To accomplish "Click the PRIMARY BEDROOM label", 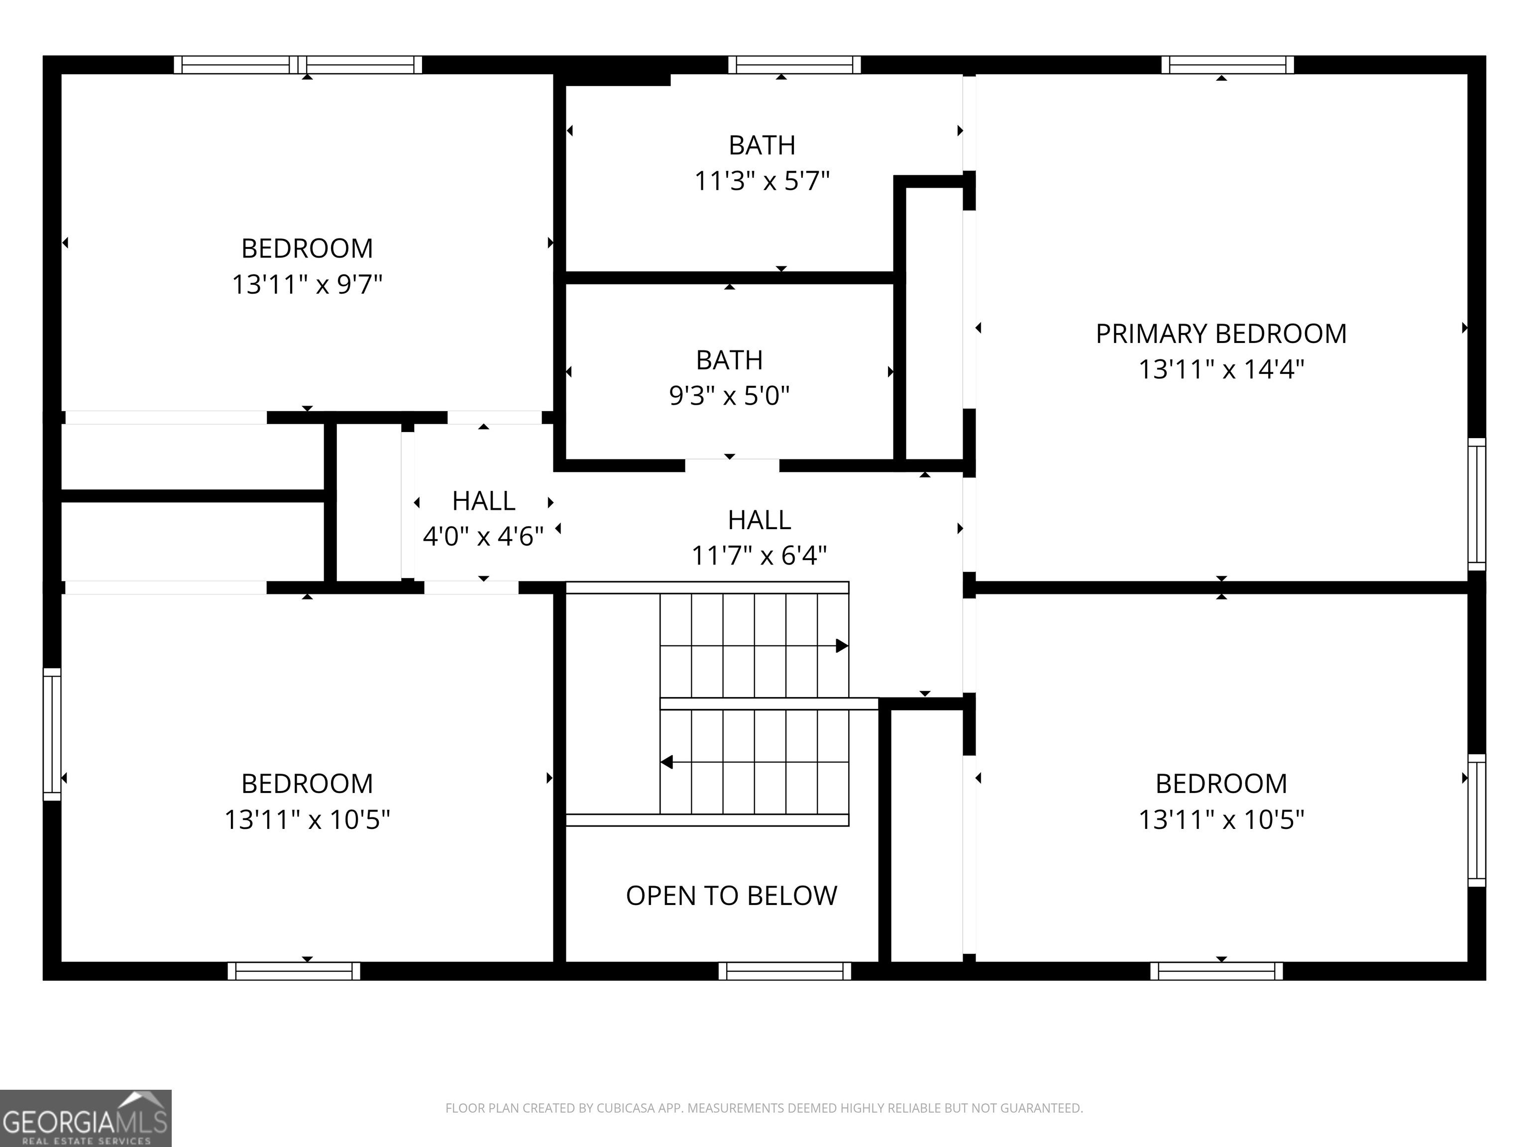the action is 1221,334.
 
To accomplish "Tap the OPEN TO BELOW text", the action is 731,896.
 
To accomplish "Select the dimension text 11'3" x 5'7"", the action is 762,181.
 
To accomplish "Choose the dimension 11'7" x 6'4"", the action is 759,555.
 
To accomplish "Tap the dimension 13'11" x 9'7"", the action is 307,284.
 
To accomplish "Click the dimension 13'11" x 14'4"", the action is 1221,369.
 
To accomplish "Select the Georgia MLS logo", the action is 86,1118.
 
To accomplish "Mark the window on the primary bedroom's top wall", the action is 1227,65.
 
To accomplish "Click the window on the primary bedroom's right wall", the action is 1476,504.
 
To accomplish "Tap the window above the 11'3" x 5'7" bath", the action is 794,65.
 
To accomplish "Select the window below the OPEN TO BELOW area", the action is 784,971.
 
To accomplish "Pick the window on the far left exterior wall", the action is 52,734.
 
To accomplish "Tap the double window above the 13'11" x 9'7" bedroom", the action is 297,65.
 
